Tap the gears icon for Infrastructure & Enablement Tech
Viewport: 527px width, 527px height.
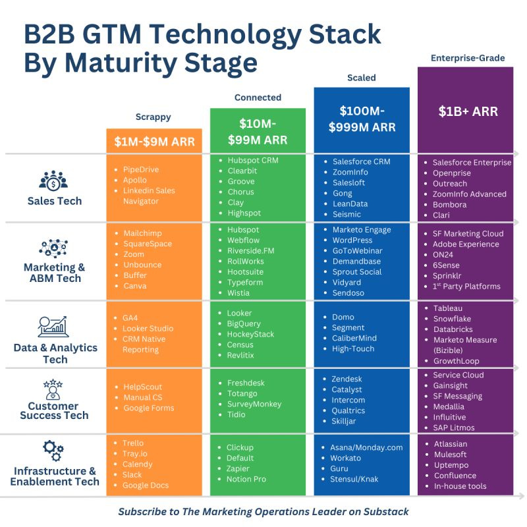[53, 451]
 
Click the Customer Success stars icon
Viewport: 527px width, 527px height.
[53, 388]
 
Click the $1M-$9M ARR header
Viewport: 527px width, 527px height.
[153, 141]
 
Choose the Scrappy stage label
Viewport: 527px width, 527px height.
[153, 117]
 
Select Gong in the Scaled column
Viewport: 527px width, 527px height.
[342, 193]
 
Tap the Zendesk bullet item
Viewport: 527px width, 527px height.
[347, 379]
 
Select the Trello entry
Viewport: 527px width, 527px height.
[133, 443]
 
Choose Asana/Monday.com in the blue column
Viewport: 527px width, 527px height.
[367, 447]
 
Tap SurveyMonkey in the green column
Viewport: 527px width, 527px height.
[254, 404]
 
